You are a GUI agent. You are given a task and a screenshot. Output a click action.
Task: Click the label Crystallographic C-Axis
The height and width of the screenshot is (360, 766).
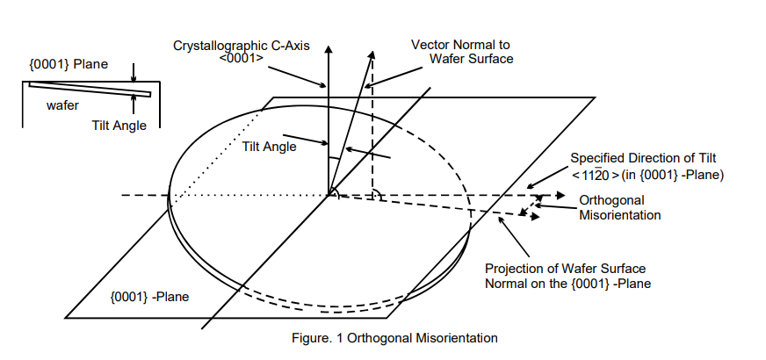coord(242,46)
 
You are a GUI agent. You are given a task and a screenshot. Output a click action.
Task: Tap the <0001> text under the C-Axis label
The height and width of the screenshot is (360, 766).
coord(242,58)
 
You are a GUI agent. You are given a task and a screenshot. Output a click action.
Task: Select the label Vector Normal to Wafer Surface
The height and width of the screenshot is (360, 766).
coord(462,52)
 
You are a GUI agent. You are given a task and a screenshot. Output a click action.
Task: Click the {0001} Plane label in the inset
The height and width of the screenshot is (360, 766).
coord(69,64)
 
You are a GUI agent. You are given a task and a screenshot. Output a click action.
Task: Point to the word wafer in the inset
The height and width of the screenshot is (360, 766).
coord(62,105)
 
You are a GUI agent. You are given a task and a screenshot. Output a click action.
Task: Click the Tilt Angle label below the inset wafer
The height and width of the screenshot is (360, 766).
coord(119,126)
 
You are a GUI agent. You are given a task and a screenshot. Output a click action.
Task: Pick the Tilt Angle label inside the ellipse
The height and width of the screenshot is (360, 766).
coord(269,147)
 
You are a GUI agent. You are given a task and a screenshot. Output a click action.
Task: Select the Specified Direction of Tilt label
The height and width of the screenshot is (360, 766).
coord(643,158)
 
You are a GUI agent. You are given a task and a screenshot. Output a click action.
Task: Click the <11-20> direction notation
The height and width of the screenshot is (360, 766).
coord(596,175)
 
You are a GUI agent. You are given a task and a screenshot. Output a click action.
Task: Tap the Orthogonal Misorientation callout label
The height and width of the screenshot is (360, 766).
coord(620,207)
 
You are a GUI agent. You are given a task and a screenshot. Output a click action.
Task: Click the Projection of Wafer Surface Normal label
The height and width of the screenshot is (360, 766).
coord(567,276)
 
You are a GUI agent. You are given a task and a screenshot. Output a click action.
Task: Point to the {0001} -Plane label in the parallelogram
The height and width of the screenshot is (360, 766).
coord(149,297)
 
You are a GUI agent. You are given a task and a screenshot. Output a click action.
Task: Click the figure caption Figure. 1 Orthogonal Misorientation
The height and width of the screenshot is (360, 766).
coord(394,338)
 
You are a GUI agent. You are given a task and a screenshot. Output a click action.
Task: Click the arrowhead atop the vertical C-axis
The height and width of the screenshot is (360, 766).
coord(329,49)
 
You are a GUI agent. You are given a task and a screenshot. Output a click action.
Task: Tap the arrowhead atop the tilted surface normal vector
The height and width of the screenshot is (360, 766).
coord(372,54)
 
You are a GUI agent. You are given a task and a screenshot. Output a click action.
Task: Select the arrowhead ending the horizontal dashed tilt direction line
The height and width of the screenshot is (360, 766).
coord(560,196)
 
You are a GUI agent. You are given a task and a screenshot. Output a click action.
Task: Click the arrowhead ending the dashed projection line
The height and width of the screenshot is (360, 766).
coord(536,216)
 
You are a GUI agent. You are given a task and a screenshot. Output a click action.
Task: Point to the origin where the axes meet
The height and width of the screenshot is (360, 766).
coord(329,195)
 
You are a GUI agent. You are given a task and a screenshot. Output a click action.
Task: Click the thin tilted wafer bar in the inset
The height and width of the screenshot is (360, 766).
coord(90,90)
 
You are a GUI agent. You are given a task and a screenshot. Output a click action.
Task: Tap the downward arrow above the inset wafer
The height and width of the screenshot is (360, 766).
coord(134,72)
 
